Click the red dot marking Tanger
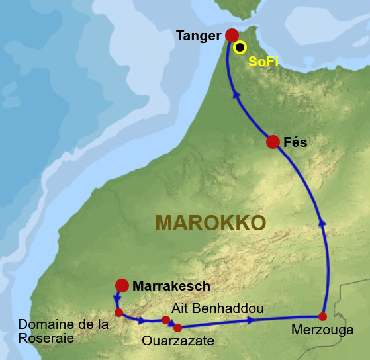[x=232, y=35]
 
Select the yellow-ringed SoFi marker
[x=240, y=47]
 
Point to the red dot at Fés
[x=272, y=141]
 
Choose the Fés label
[x=295, y=142]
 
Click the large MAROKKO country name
[x=210, y=222]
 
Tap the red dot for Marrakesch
[x=122, y=285]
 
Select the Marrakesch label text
[x=171, y=286]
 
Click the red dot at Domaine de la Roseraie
[x=118, y=312]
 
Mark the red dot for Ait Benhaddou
[x=165, y=320]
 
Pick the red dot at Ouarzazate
[x=177, y=326]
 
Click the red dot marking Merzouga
[x=323, y=316]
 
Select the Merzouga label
[x=322, y=330]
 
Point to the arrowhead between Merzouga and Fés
[x=322, y=222]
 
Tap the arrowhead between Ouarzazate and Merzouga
[x=252, y=320]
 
